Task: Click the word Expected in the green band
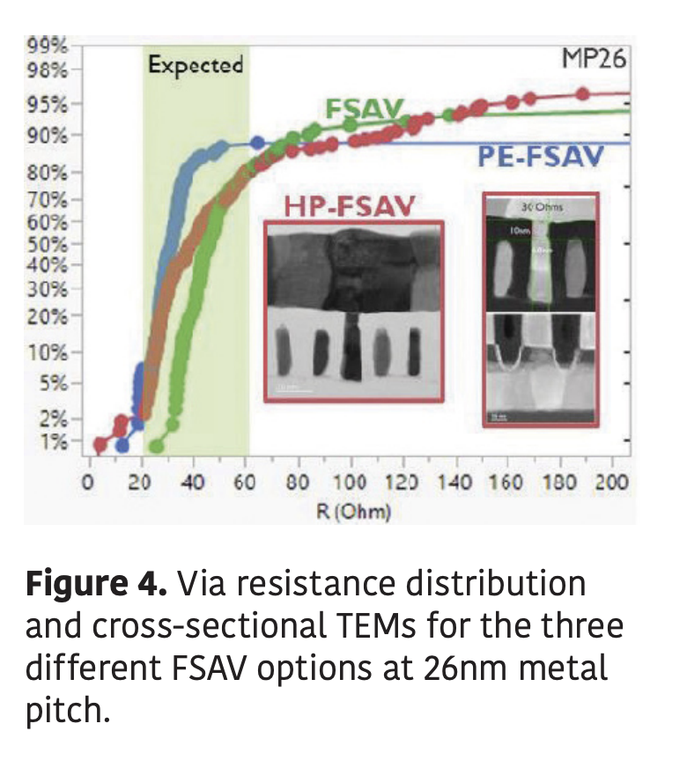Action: coord(195,64)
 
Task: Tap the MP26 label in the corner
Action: coord(595,60)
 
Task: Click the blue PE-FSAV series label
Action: coord(541,158)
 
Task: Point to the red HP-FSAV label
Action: coord(349,208)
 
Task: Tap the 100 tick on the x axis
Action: coord(351,483)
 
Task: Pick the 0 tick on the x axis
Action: coord(88,483)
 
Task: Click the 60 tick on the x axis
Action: coord(246,483)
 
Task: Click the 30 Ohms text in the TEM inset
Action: coord(541,207)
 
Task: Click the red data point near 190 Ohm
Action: coord(582,93)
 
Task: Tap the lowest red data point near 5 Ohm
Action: coord(100,444)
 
